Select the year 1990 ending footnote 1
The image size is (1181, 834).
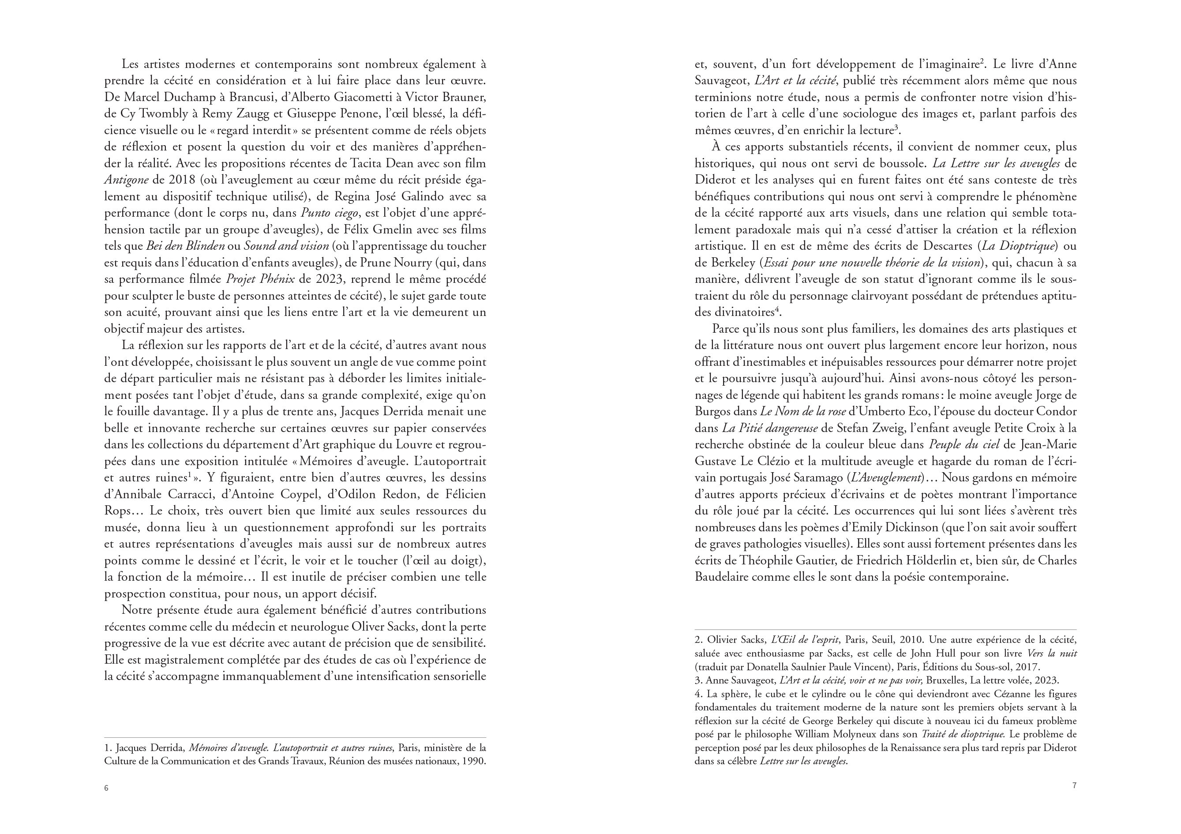click(x=473, y=761)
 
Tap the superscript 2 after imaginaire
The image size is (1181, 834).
click(x=982, y=62)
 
